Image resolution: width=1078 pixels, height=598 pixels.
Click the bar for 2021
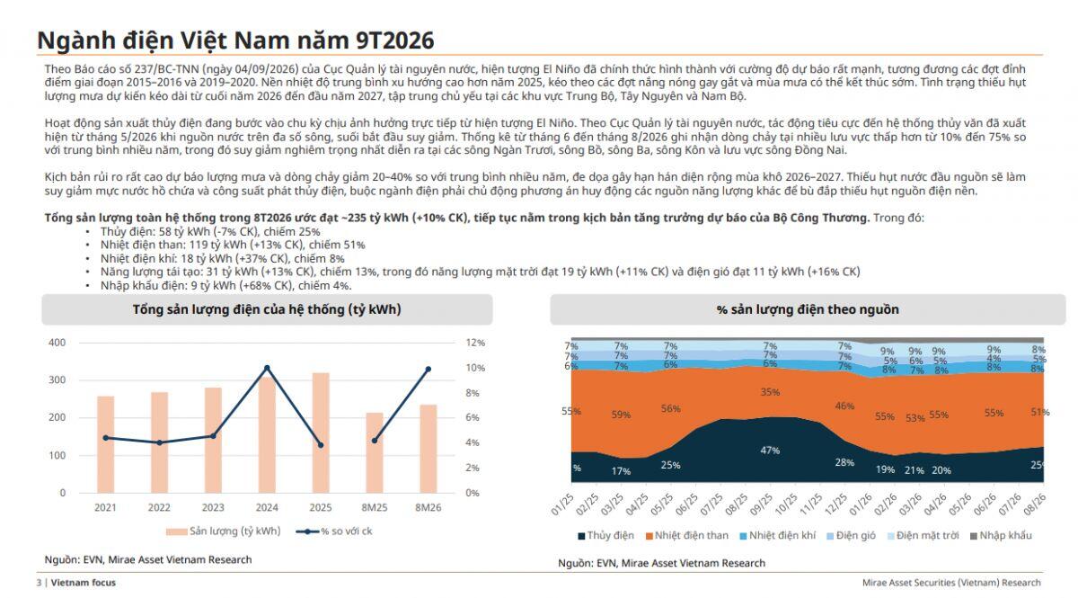click(x=105, y=444)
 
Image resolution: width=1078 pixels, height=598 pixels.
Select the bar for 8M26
click(x=429, y=449)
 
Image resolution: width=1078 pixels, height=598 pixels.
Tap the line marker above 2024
click(x=267, y=368)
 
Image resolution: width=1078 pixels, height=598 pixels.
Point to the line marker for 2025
click(x=321, y=445)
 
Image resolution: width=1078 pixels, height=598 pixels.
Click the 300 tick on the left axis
click(x=57, y=379)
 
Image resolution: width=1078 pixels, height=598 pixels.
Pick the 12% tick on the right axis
click(x=475, y=343)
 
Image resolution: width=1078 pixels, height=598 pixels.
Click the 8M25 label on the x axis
click(x=375, y=507)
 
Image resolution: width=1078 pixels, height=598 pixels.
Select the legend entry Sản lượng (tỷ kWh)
click(x=224, y=531)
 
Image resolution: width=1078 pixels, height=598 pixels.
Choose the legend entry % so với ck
click(x=334, y=531)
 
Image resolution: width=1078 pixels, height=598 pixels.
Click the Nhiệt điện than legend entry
click(x=687, y=535)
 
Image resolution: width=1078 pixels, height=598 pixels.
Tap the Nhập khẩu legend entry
click(x=1001, y=535)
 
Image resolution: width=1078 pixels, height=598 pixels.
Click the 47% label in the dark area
click(x=770, y=451)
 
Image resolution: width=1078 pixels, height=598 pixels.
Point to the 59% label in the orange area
click(x=621, y=415)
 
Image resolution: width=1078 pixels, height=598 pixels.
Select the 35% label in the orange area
click(x=770, y=392)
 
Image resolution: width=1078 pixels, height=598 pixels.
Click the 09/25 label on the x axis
click(x=762, y=504)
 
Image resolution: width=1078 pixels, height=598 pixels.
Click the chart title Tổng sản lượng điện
click(x=267, y=309)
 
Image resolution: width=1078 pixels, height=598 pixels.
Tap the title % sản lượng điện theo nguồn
click(x=808, y=309)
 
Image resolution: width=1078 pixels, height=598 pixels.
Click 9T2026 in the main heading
click(x=395, y=40)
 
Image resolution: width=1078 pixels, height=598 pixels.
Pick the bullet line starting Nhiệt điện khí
click(x=223, y=258)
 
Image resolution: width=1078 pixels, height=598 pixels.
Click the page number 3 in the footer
click(x=39, y=583)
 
